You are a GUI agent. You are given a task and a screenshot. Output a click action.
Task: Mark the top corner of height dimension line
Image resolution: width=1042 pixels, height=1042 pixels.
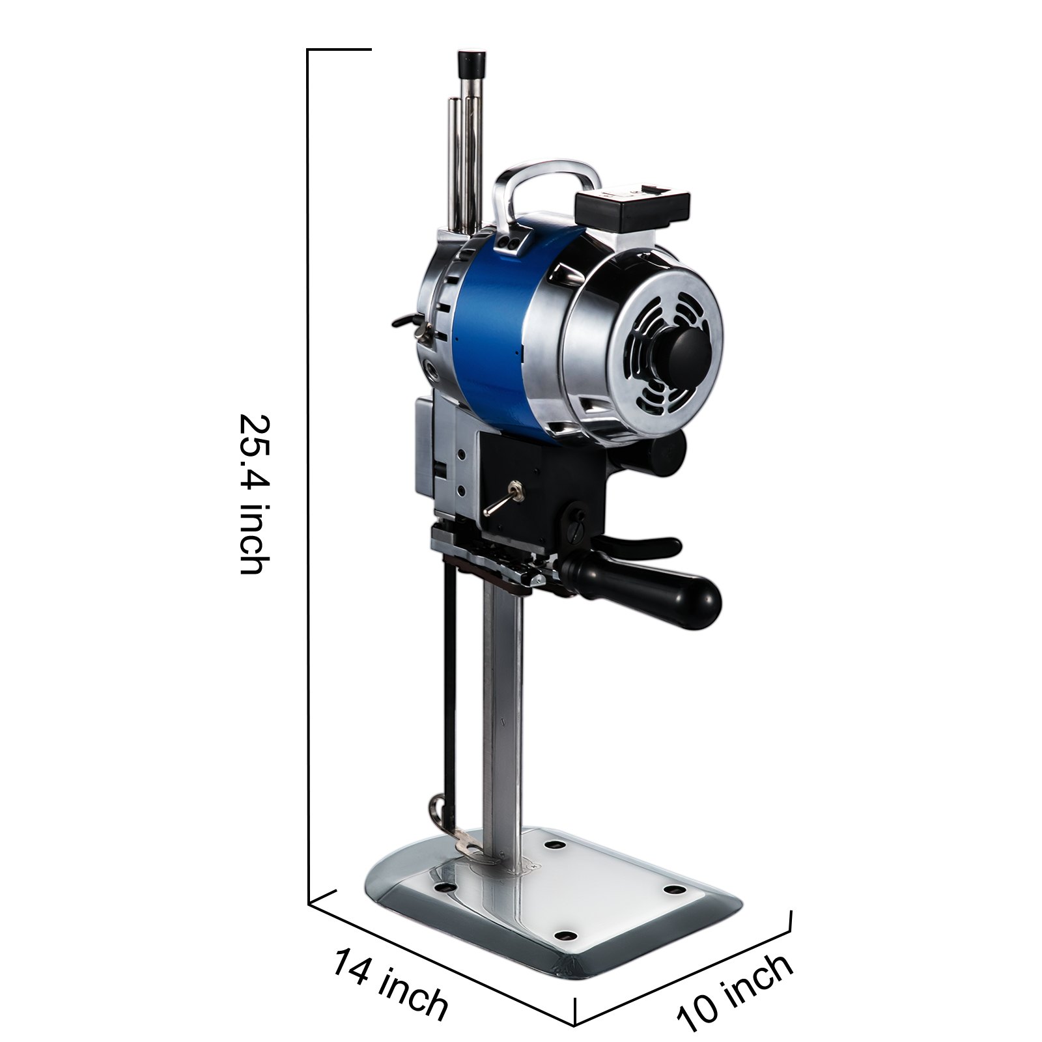(308, 49)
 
